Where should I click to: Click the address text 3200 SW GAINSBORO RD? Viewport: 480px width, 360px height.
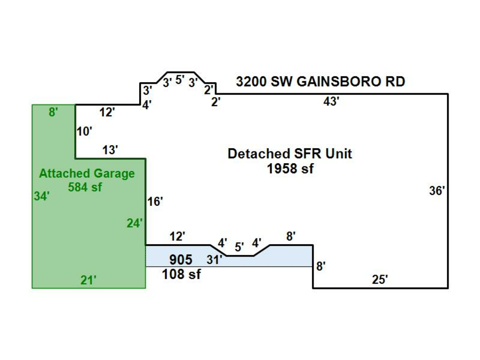[x=321, y=82]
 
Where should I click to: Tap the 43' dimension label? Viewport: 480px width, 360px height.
[x=331, y=102]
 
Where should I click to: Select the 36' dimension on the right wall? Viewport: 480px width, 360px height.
[x=437, y=191]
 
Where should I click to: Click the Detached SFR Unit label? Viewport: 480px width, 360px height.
[x=290, y=154]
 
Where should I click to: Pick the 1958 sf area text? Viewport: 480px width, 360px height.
[x=290, y=169]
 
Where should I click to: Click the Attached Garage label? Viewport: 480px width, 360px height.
[x=86, y=174]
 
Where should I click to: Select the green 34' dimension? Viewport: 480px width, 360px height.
[x=42, y=196]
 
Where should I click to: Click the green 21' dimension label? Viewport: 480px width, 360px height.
[x=88, y=279]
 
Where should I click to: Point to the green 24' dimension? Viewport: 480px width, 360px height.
[x=134, y=223]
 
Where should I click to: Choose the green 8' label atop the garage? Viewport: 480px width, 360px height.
[x=53, y=113]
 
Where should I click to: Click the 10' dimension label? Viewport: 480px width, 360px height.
[x=84, y=132]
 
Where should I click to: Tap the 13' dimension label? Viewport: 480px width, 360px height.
[x=110, y=150]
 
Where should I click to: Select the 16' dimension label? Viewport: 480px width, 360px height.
[x=155, y=202]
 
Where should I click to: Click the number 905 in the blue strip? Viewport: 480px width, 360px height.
[x=181, y=260]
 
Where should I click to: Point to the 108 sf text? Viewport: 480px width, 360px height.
[x=181, y=275]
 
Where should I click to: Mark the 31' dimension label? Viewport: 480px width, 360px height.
[x=214, y=260]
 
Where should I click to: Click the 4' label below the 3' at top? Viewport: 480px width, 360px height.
[x=147, y=105]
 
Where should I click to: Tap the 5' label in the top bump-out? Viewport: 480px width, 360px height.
[x=180, y=80]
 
